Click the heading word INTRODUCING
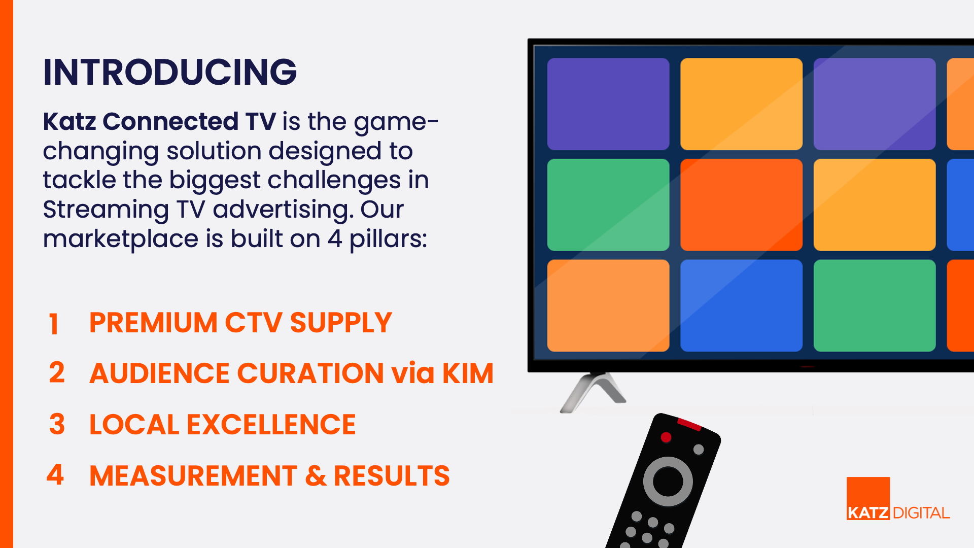click(x=170, y=72)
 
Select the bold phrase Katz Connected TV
click(x=159, y=121)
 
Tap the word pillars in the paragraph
click(x=388, y=239)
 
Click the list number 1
click(x=54, y=324)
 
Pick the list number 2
click(x=57, y=372)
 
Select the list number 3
click(x=57, y=424)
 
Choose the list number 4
click(x=55, y=474)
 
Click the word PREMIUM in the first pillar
click(x=153, y=323)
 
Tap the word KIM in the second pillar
click(x=468, y=373)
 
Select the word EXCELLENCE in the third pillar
click(x=271, y=425)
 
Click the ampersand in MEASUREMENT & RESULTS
click(x=316, y=476)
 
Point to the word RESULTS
click(x=392, y=476)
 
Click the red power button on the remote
click(x=666, y=437)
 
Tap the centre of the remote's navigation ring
click(x=668, y=481)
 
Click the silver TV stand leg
click(x=593, y=392)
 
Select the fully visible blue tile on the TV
click(x=741, y=305)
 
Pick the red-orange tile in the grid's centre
click(x=741, y=204)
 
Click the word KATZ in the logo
click(x=868, y=513)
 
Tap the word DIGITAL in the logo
click(x=921, y=513)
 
